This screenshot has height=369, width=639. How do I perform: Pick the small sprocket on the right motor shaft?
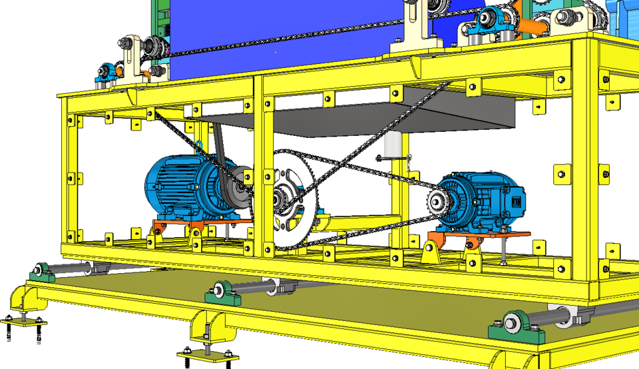(x=439, y=200)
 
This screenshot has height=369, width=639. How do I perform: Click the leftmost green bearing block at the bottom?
(x=42, y=272)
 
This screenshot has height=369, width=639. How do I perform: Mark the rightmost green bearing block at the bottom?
(x=513, y=326)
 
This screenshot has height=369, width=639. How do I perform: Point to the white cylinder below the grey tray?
(x=393, y=143)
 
